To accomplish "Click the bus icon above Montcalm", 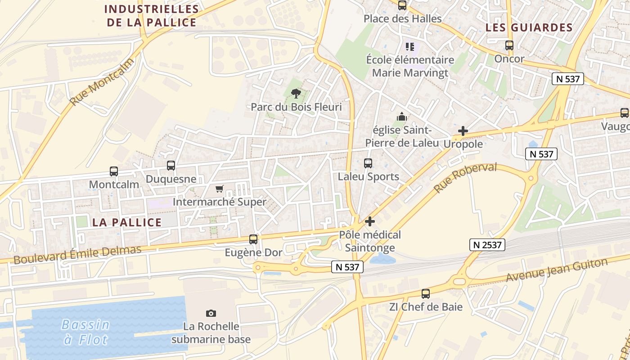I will coord(113,171).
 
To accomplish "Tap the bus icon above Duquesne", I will coord(171,166).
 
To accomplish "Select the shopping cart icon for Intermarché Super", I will coord(219,189).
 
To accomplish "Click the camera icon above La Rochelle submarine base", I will coord(211,313).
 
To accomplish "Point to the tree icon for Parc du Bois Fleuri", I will coord(296,94).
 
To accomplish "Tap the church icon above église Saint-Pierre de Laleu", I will coord(402,117).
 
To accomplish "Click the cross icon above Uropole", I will coord(463,131).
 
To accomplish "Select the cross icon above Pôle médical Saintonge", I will coord(370,221).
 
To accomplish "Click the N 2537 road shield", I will coord(487,245).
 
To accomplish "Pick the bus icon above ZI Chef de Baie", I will coord(426,294).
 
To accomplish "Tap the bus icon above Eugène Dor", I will coord(253,239).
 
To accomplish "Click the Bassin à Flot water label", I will coord(86,332).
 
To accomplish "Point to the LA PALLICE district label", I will coord(127,222).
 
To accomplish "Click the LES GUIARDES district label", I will coord(529,27).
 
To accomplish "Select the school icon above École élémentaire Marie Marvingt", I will coord(409,46).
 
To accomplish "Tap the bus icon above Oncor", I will coord(509,45).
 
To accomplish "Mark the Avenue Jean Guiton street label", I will coord(556,270).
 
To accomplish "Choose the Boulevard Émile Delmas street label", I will coord(77,254).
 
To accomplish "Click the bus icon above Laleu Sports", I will coord(368,163).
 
